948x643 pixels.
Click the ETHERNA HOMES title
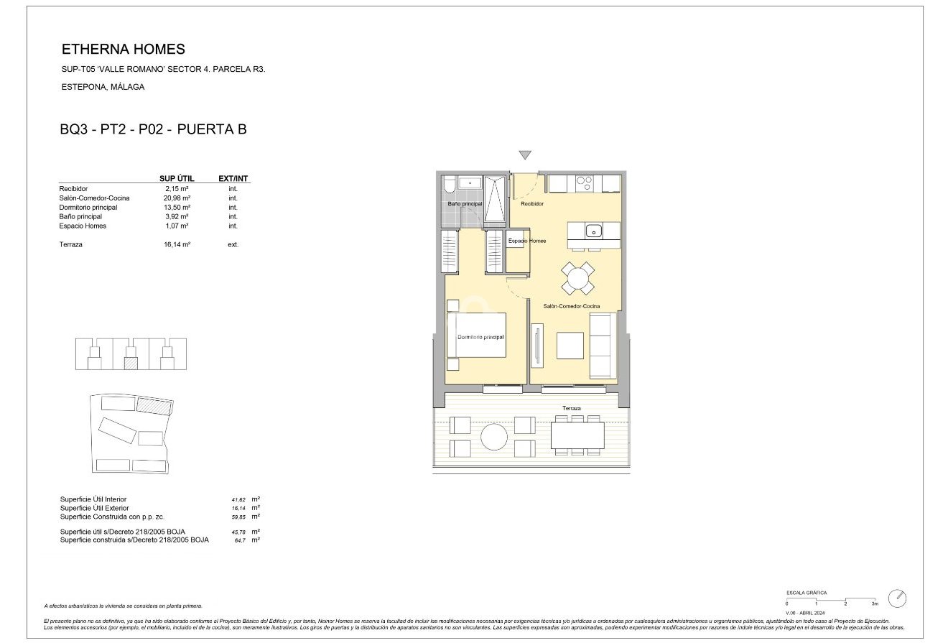[x=124, y=50]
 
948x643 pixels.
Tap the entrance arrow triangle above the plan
[x=525, y=155]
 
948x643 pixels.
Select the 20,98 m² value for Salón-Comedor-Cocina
[x=176, y=198]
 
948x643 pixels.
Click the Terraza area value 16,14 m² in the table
[x=176, y=244]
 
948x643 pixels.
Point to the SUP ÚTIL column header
[x=176, y=178]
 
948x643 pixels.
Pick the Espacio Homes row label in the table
[x=83, y=226]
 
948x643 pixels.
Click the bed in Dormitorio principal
[x=476, y=334]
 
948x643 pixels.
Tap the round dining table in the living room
[x=577, y=278]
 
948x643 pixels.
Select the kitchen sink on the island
[x=593, y=231]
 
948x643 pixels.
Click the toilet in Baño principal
[x=449, y=185]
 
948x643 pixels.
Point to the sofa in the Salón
[x=602, y=346]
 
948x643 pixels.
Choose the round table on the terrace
[x=494, y=436]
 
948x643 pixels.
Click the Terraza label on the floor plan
[x=572, y=408]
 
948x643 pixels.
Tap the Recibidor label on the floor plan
[x=532, y=204]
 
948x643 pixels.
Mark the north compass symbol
[x=897, y=598]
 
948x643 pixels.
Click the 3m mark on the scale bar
[x=874, y=603]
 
